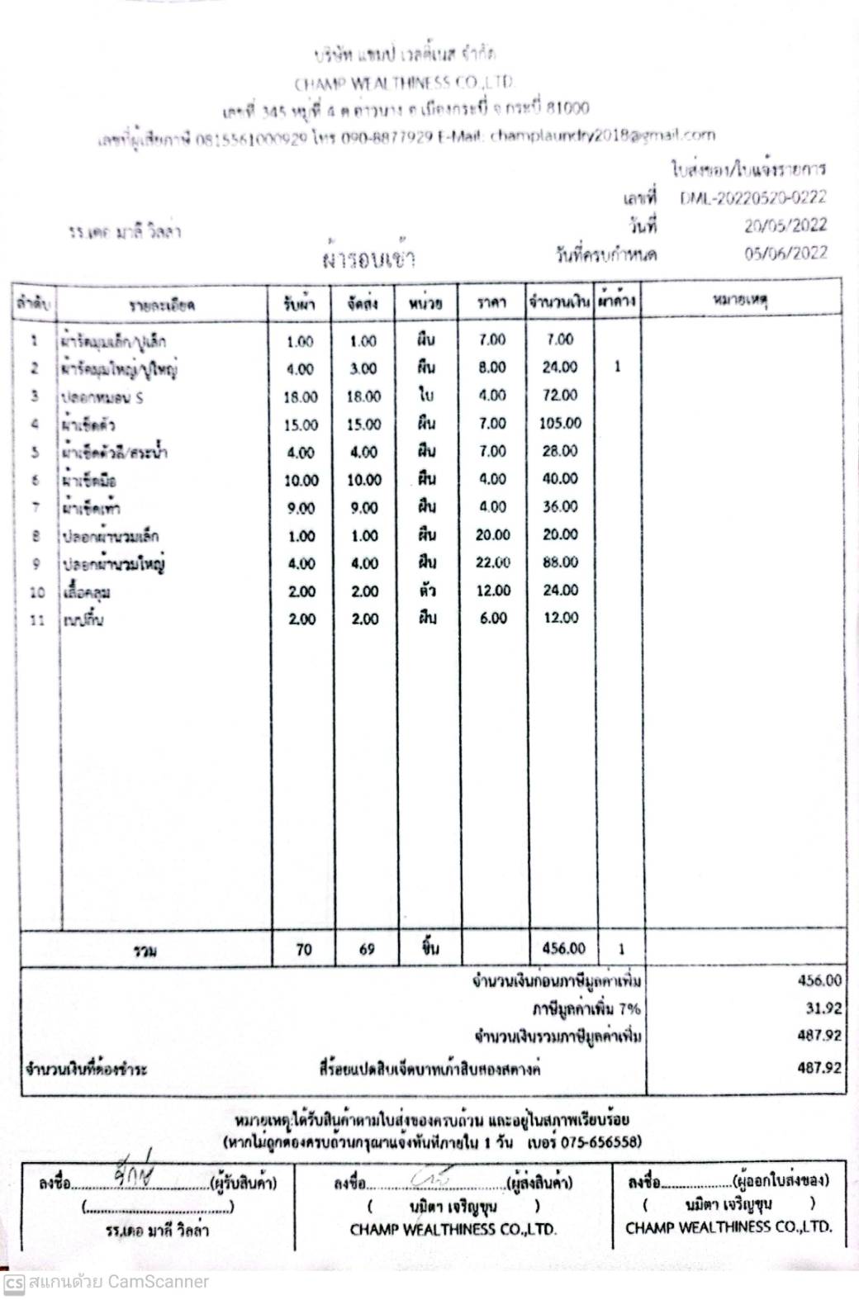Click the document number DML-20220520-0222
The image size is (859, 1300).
click(x=752, y=197)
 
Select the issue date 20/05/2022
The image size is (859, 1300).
click(x=785, y=225)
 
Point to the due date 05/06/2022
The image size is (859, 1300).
click(x=785, y=254)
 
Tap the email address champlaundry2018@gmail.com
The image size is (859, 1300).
click(x=602, y=135)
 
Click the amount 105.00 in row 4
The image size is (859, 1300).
click(x=560, y=424)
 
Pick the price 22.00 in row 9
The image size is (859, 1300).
click(x=492, y=563)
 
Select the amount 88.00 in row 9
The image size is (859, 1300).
click(x=560, y=563)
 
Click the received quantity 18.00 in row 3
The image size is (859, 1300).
click(x=300, y=396)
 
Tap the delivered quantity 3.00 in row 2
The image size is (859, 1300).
click(x=363, y=369)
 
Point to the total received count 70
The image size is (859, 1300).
click(x=304, y=950)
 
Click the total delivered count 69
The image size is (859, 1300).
click(x=367, y=950)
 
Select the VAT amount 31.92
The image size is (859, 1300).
click(x=823, y=1008)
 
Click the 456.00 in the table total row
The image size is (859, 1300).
click(x=563, y=950)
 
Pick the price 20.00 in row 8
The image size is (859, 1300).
click(x=492, y=535)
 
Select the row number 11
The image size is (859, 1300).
click(x=36, y=619)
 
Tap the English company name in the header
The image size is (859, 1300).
click(x=405, y=83)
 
